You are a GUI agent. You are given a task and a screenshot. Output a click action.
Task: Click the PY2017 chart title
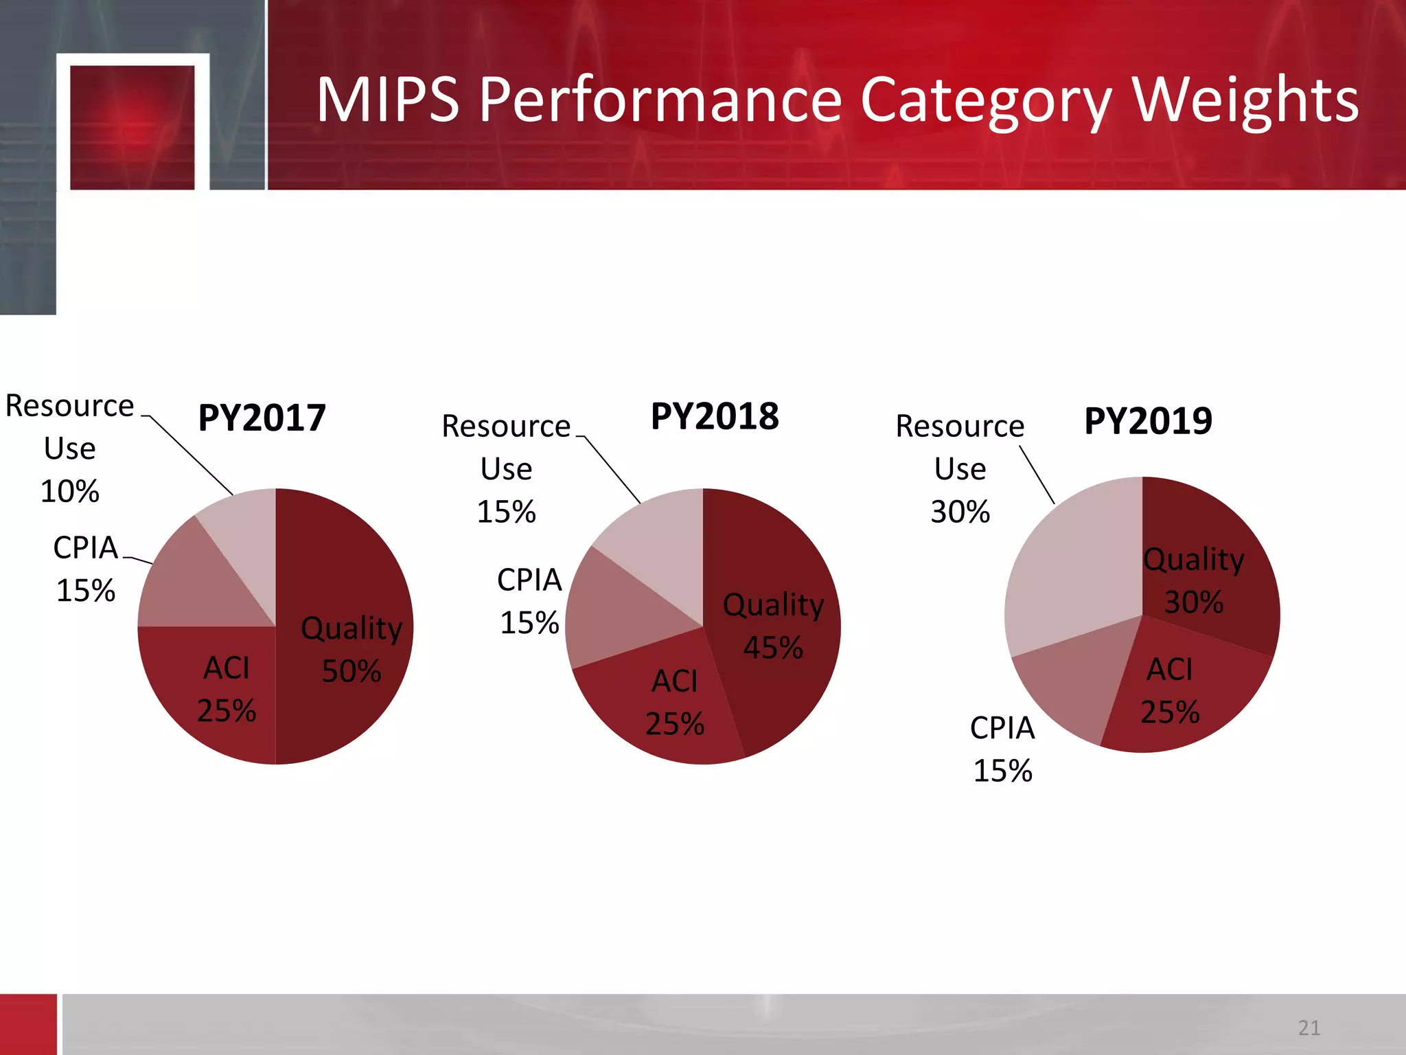click(262, 418)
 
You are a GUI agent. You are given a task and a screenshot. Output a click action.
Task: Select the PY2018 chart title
click(715, 416)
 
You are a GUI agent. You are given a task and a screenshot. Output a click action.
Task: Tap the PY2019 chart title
click(1148, 420)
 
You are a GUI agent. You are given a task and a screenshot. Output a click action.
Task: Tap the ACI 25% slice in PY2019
click(1181, 694)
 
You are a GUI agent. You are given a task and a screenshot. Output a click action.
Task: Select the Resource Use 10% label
click(70, 448)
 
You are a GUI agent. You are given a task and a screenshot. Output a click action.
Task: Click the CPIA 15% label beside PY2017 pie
click(86, 569)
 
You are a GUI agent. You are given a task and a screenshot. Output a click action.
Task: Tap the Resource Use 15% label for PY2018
click(506, 468)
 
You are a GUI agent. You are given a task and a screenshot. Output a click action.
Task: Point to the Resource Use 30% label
click(960, 468)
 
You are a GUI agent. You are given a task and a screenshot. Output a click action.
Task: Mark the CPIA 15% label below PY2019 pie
click(1002, 749)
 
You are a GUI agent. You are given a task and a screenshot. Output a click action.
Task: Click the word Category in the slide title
click(984, 100)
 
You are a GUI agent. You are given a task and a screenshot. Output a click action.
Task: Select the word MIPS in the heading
click(387, 100)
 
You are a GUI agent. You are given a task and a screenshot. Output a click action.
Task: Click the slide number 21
click(1309, 1028)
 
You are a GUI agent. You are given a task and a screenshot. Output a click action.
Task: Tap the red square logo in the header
click(132, 127)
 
